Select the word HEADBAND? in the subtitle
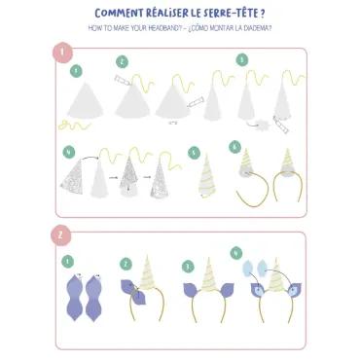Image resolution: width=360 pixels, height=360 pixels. (x=165, y=28)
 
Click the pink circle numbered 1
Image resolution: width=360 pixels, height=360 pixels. (x=62, y=53)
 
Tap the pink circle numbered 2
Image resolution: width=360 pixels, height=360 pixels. (x=60, y=235)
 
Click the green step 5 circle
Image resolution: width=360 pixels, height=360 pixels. (x=194, y=153)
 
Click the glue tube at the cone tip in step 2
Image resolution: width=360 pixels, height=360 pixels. (x=122, y=80)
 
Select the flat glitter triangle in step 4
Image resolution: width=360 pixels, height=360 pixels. (x=72, y=177)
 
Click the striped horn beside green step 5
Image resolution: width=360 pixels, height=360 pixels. (x=207, y=176)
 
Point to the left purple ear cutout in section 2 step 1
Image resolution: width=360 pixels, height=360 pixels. (x=75, y=297)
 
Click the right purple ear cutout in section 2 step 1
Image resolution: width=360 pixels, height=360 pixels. (x=94, y=298)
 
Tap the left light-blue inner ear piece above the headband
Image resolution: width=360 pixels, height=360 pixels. (x=248, y=269)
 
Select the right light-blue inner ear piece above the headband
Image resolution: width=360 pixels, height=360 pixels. (x=262, y=268)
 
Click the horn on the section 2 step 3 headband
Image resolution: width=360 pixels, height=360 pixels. (x=209, y=274)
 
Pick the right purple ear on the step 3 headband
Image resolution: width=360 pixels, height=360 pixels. (x=226, y=290)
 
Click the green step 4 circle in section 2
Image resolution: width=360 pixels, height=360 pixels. (x=236, y=253)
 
